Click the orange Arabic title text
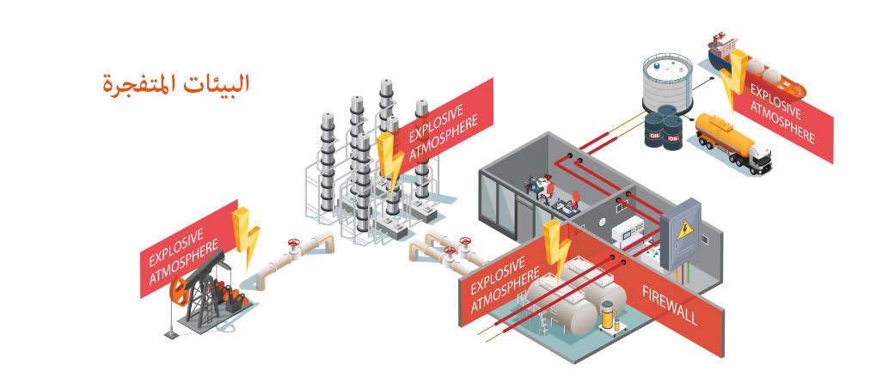click(x=175, y=84)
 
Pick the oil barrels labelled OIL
click(x=663, y=130)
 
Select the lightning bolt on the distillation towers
click(x=390, y=159)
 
